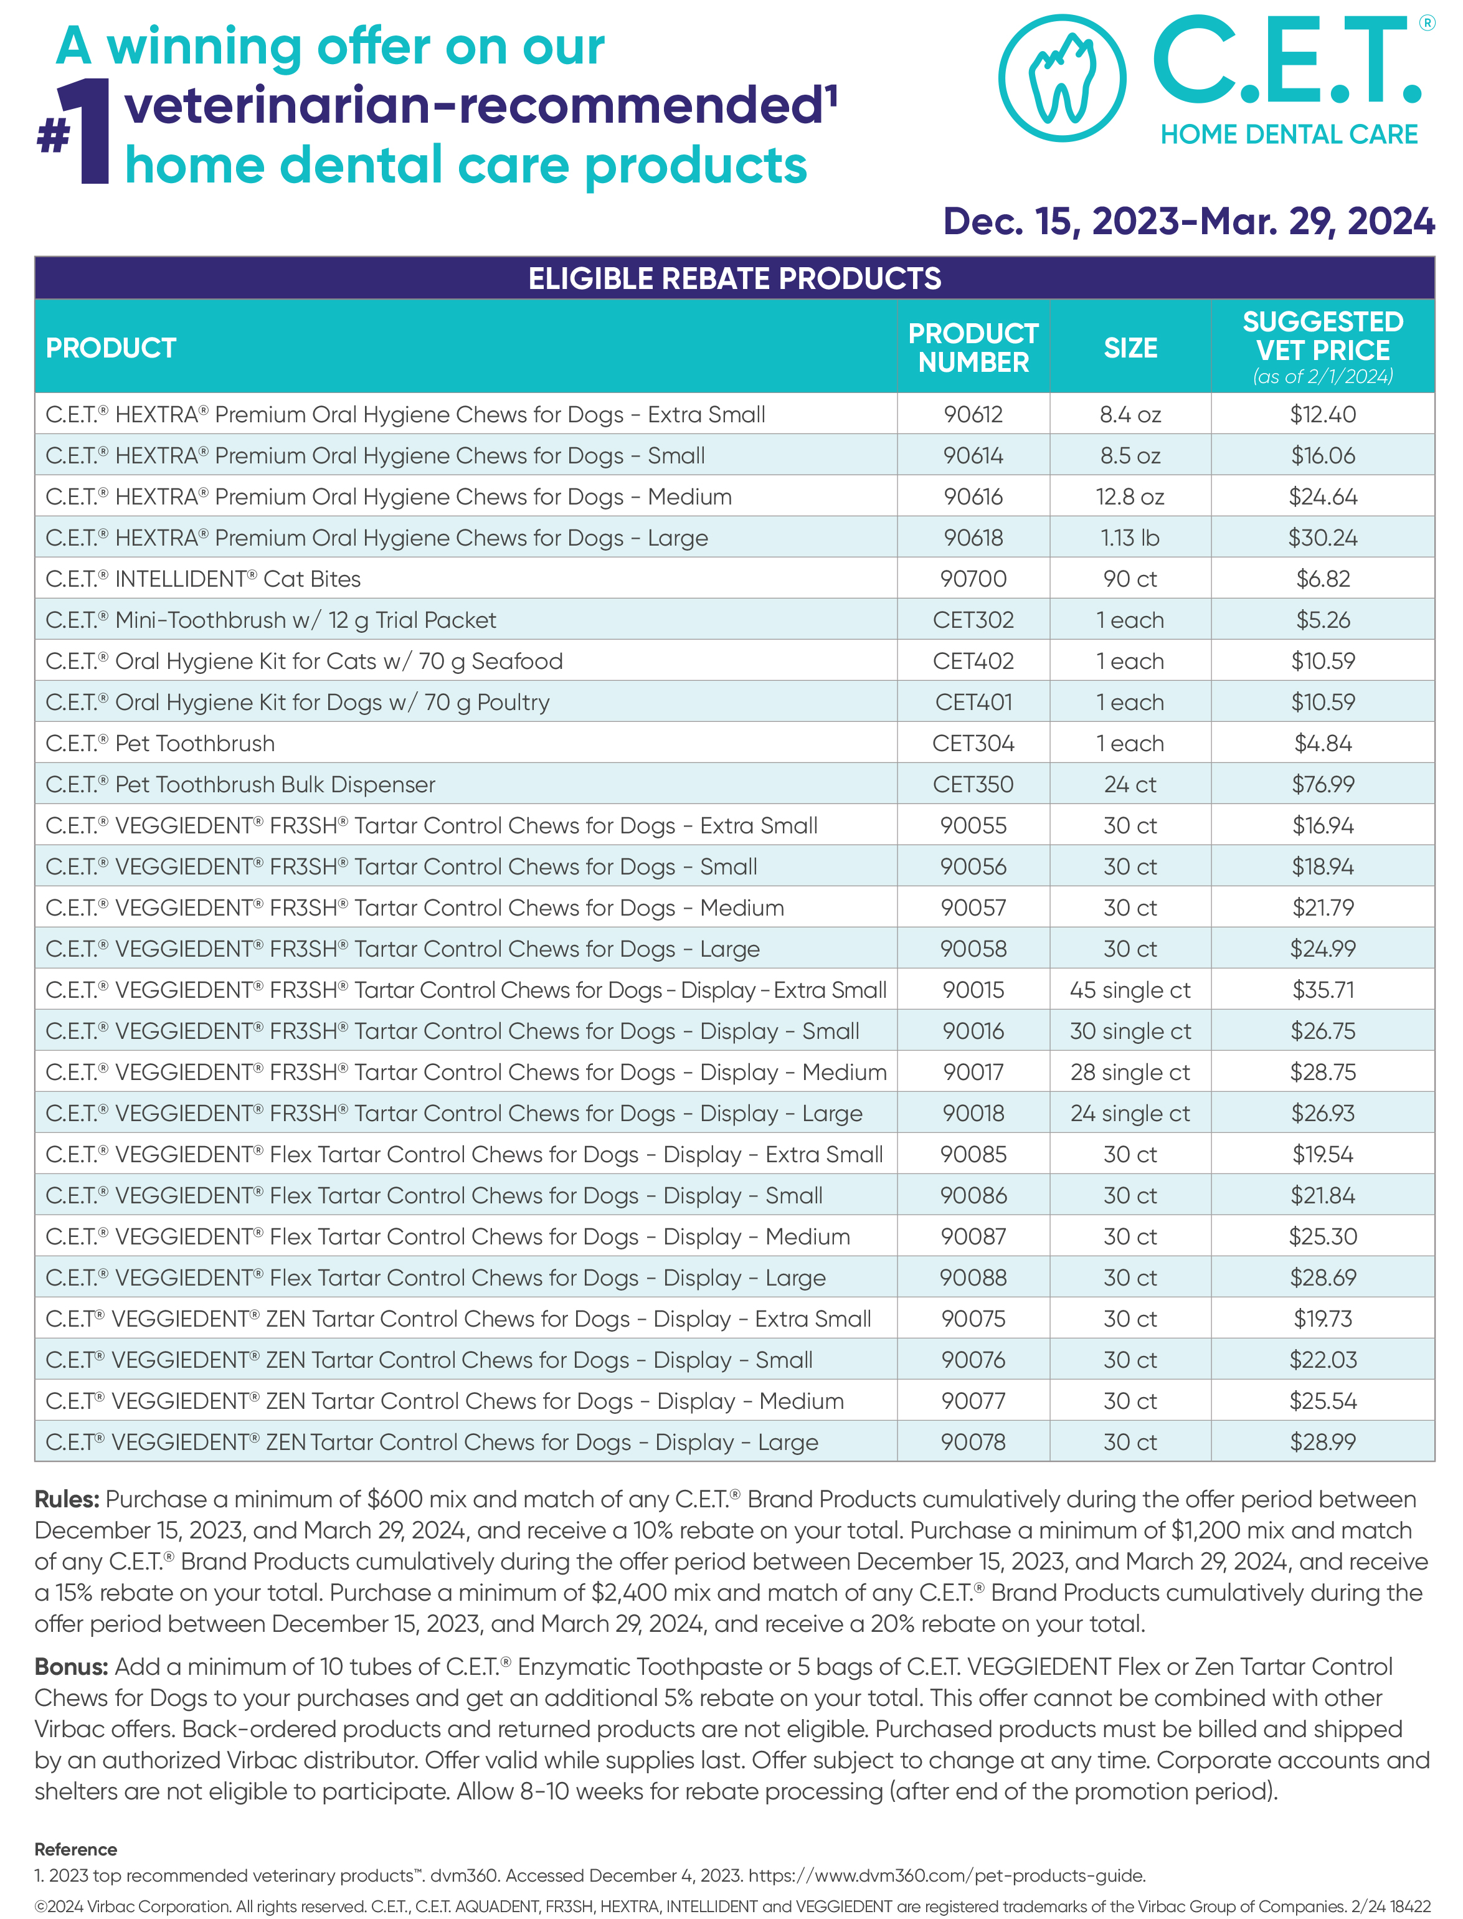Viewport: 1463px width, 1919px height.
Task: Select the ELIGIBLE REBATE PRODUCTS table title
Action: (x=734, y=278)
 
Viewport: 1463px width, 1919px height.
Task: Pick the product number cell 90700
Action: (x=973, y=579)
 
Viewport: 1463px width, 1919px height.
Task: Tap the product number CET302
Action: (x=973, y=620)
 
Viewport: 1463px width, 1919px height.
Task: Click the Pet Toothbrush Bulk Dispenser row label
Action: (x=240, y=785)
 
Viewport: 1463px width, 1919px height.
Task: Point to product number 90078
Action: (x=973, y=1442)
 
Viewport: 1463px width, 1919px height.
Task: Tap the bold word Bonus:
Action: (x=70, y=1667)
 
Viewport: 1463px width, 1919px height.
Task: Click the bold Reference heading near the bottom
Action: (x=76, y=1849)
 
